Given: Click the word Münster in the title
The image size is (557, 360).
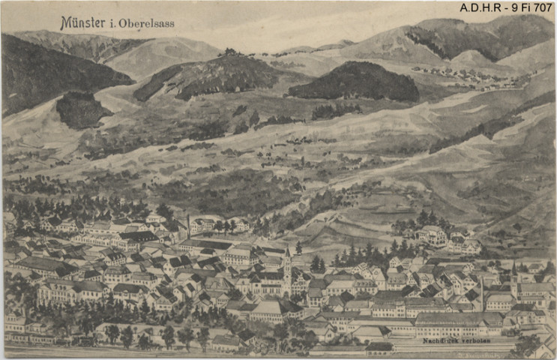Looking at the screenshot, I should (x=82, y=22).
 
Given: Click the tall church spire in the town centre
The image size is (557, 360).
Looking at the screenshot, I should (x=287, y=262).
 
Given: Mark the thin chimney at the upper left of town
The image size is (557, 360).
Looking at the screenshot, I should (x=188, y=225).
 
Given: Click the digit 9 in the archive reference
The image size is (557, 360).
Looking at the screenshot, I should (x=508, y=7).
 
